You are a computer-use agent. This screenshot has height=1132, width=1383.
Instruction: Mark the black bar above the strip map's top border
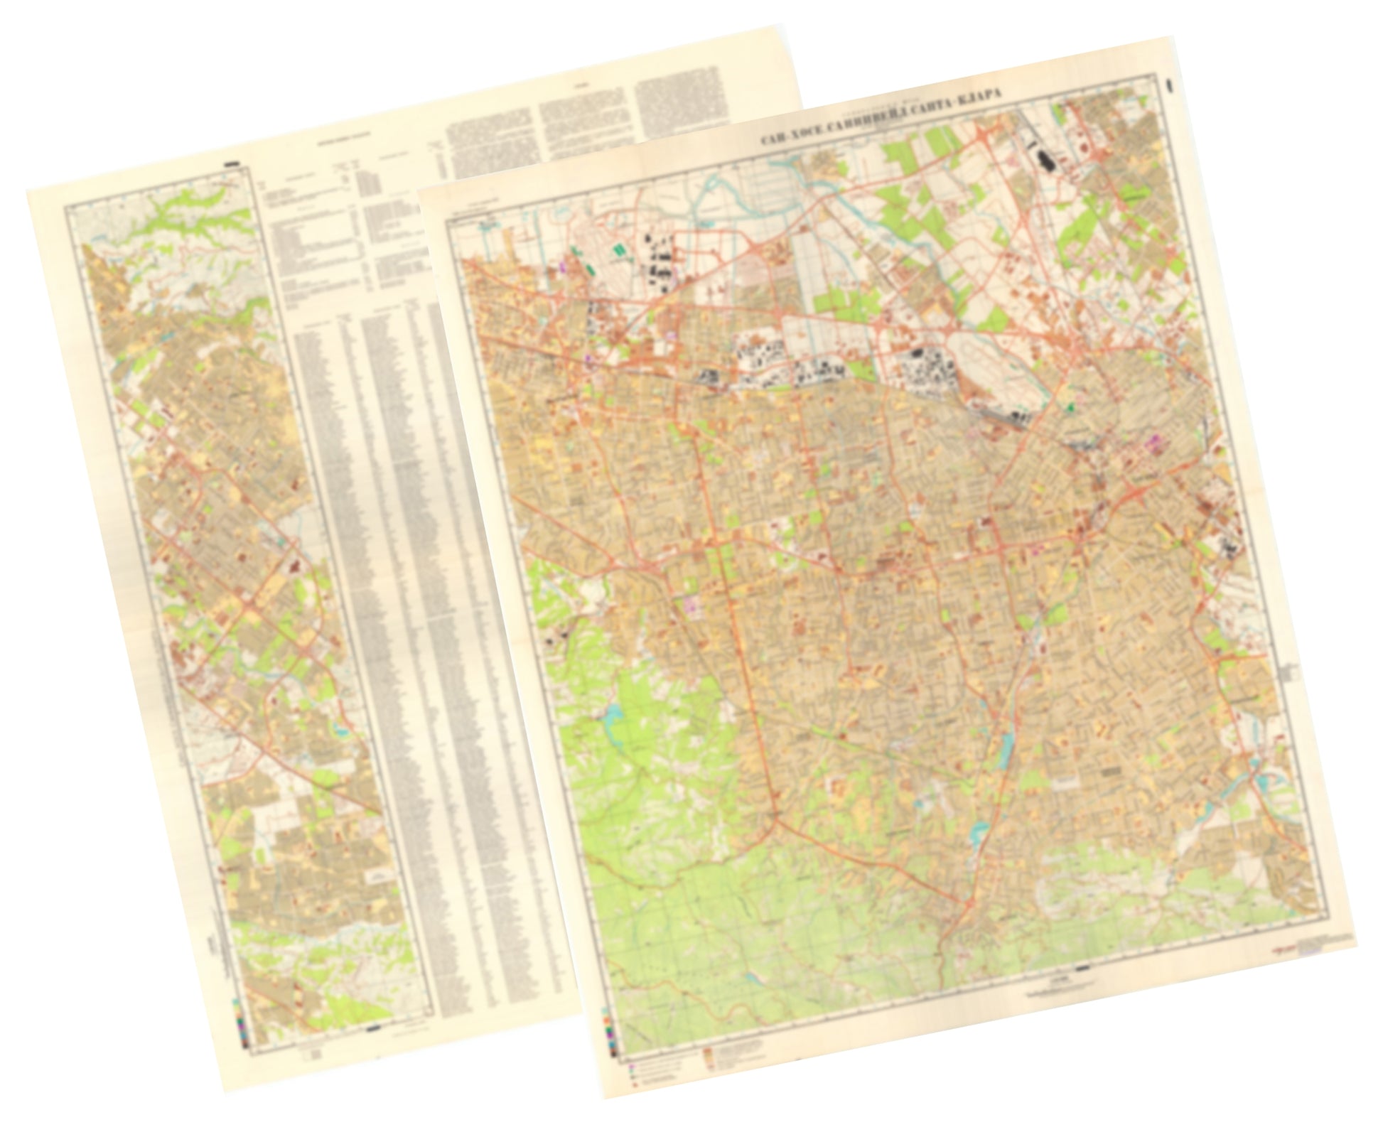click(x=233, y=164)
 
